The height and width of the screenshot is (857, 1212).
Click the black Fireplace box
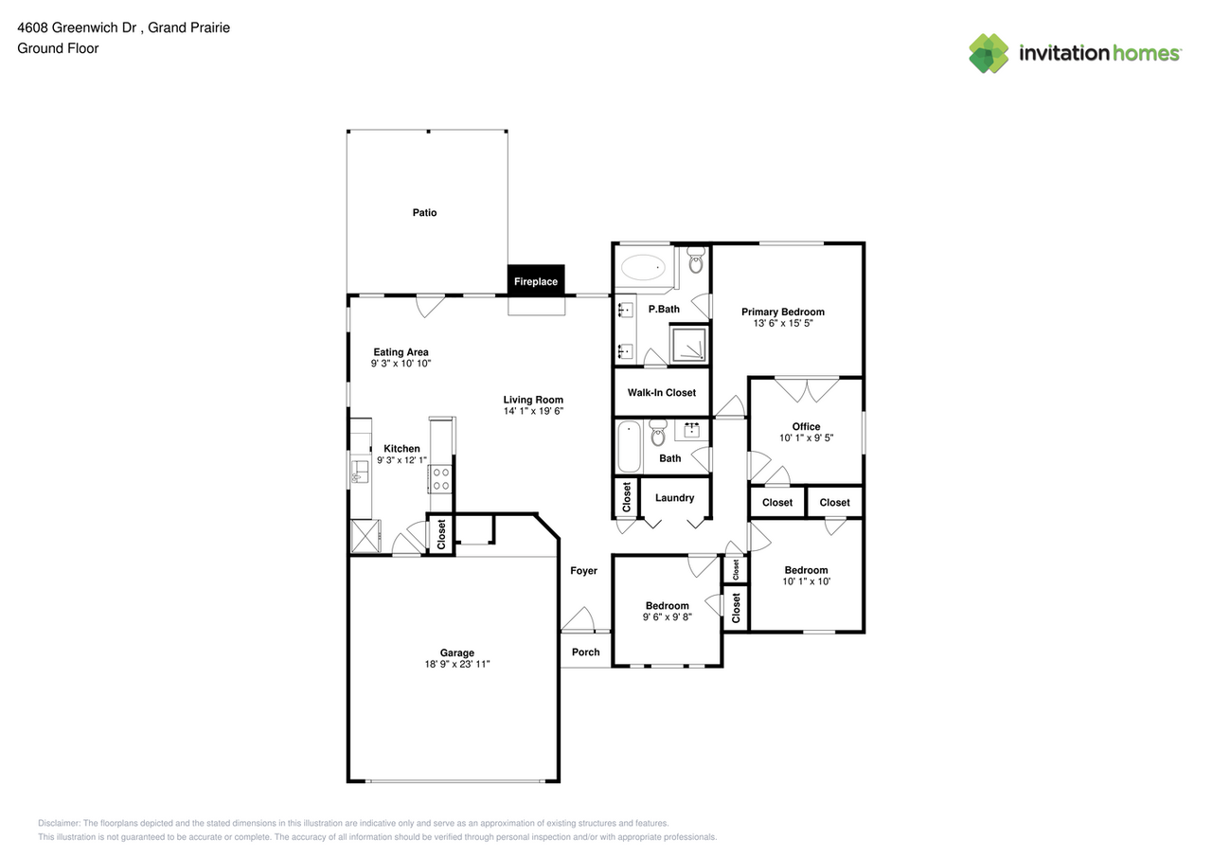[x=536, y=280]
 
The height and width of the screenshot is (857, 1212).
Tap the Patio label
[x=424, y=213]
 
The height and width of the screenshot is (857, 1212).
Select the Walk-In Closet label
[x=661, y=393]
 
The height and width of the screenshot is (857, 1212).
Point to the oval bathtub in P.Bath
[x=643, y=267]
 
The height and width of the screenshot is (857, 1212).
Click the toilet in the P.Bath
[x=696, y=260]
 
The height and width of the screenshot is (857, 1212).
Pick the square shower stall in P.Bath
[x=688, y=344]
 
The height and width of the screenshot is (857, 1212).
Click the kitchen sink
[x=360, y=472]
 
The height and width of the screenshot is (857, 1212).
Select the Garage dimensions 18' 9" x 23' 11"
[x=456, y=664]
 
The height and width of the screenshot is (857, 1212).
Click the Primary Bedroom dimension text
[x=783, y=323]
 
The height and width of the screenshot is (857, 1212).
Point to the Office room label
[x=806, y=426]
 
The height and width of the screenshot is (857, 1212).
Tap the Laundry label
[x=674, y=498]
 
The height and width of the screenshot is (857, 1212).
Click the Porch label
[x=585, y=652]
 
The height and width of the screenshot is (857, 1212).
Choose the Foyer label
[x=583, y=571]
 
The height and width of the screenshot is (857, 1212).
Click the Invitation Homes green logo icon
[x=989, y=53]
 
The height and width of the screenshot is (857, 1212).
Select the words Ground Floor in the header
[x=58, y=48]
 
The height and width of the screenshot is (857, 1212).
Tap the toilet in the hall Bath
[x=658, y=432]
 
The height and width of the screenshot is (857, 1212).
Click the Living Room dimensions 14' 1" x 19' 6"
[x=533, y=411]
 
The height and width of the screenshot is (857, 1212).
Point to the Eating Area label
[x=401, y=352]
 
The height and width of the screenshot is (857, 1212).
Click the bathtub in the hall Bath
[x=630, y=447]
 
